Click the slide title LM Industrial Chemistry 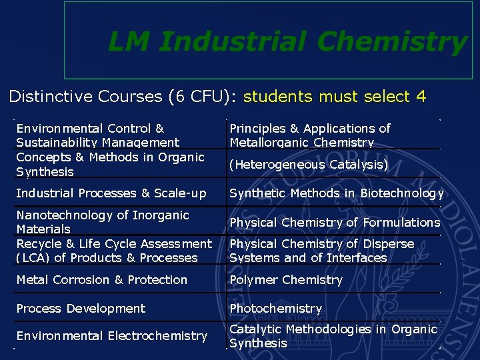click(287, 42)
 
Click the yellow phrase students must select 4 click(335, 97)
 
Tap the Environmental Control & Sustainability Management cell click(97, 135)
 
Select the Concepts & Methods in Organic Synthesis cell click(110, 164)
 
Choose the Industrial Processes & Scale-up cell click(111, 193)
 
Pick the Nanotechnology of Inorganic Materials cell click(103, 222)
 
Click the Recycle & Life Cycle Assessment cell click(113, 251)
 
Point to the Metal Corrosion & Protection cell click(101, 280)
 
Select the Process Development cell click(81, 309)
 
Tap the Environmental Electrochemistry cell click(111, 336)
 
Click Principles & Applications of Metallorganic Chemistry click(310, 135)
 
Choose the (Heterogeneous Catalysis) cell click(309, 164)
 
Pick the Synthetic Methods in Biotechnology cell click(336, 193)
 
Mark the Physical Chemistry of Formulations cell click(335, 222)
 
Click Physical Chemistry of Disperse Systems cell click(322, 251)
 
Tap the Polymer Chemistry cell click(286, 280)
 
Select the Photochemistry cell click(276, 309)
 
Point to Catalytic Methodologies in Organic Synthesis click(333, 336)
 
